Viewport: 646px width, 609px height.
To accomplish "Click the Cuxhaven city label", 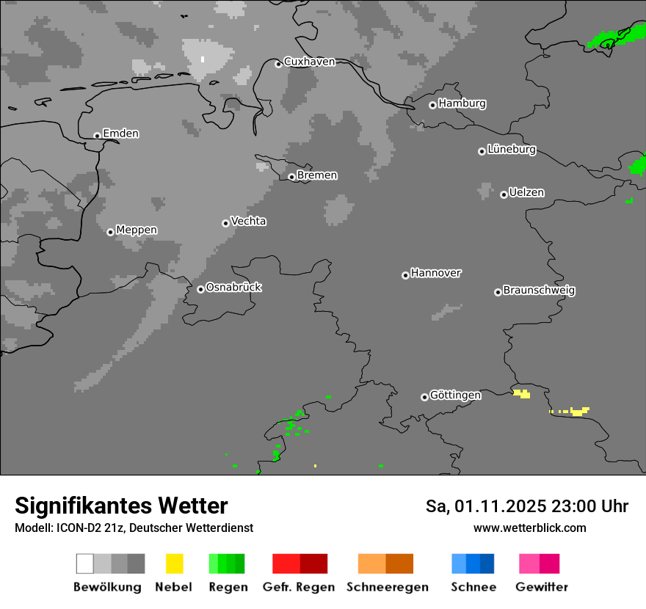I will (x=309, y=62).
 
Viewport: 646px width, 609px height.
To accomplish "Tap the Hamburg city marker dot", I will (x=432, y=105).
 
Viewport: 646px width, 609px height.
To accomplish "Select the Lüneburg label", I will (x=512, y=150).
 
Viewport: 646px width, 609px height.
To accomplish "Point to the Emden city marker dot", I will (x=97, y=136).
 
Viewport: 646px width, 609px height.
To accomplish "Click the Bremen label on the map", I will (x=317, y=175).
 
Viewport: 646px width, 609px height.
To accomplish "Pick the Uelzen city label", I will (x=526, y=193).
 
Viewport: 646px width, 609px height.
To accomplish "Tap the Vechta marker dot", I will (x=225, y=223).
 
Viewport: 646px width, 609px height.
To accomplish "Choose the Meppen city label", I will (x=137, y=230).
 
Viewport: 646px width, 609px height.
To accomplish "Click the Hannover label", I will (x=436, y=273).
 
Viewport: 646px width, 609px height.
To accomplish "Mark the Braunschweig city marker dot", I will (x=498, y=292).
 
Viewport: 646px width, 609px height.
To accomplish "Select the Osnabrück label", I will (x=233, y=288).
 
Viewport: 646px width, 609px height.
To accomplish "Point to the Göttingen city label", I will (x=455, y=395).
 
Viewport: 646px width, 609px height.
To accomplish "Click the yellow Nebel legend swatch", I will (x=174, y=564).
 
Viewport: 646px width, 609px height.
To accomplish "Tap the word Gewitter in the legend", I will (x=542, y=587).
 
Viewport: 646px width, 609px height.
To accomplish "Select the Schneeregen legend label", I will (x=388, y=587).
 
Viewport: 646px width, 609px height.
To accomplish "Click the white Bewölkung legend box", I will (x=84, y=564).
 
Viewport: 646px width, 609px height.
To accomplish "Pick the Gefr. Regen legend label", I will (x=299, y=587).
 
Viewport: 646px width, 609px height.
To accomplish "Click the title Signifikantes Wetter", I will (x=121, y=506).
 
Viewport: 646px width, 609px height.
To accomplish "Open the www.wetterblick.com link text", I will (x=529, y=528).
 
